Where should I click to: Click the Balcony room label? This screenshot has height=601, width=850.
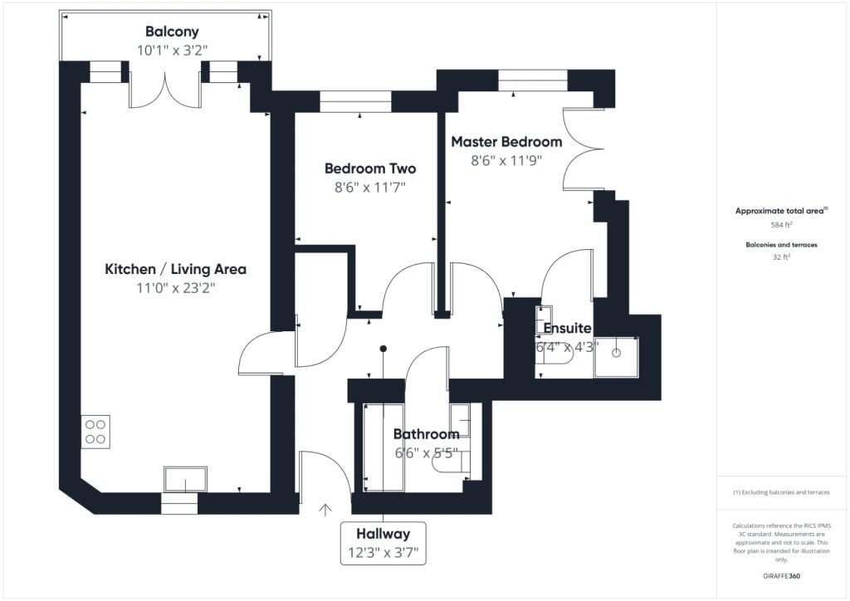coord(172,32)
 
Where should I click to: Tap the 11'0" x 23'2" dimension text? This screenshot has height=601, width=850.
coord(176,288)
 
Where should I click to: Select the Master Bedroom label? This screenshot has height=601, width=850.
coord(507,142)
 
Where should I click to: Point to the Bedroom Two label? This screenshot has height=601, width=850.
coord(370,169)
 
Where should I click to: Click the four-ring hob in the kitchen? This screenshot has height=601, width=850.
coord(95,432)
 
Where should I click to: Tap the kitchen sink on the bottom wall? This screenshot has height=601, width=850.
coord(185,480)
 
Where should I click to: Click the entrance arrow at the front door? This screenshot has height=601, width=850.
coord(325,510)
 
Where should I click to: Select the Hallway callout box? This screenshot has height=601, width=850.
coord(383,544)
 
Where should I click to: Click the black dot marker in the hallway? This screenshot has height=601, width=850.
coord(383,349)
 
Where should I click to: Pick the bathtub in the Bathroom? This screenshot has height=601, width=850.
coord(383,447)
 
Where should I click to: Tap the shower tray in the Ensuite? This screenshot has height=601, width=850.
coord(617,357)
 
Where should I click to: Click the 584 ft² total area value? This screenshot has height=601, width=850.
coord(780,224)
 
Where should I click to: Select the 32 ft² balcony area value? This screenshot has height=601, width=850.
coord(781,257)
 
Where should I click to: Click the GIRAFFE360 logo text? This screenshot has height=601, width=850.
coord(781,576)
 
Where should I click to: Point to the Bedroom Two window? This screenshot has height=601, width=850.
coord(355,102)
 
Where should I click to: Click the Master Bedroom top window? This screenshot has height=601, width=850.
coord(533,81)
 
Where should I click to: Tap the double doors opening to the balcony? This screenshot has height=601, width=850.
coord(165,91)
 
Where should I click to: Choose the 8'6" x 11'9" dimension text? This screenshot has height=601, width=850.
coord(506,161)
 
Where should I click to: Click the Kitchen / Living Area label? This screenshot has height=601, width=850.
coord(176,269)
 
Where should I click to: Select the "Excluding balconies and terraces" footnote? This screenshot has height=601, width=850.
coord(781,492)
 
